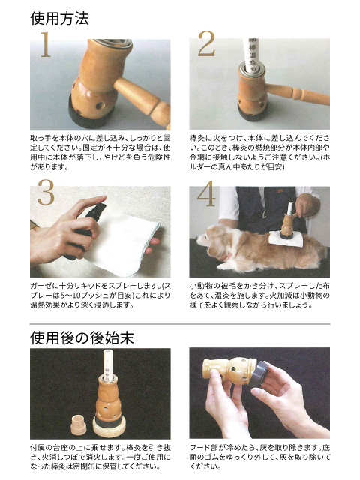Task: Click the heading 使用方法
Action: click(60, 18)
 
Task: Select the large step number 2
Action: click(206, 47)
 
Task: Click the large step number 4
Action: click(206, 193)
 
